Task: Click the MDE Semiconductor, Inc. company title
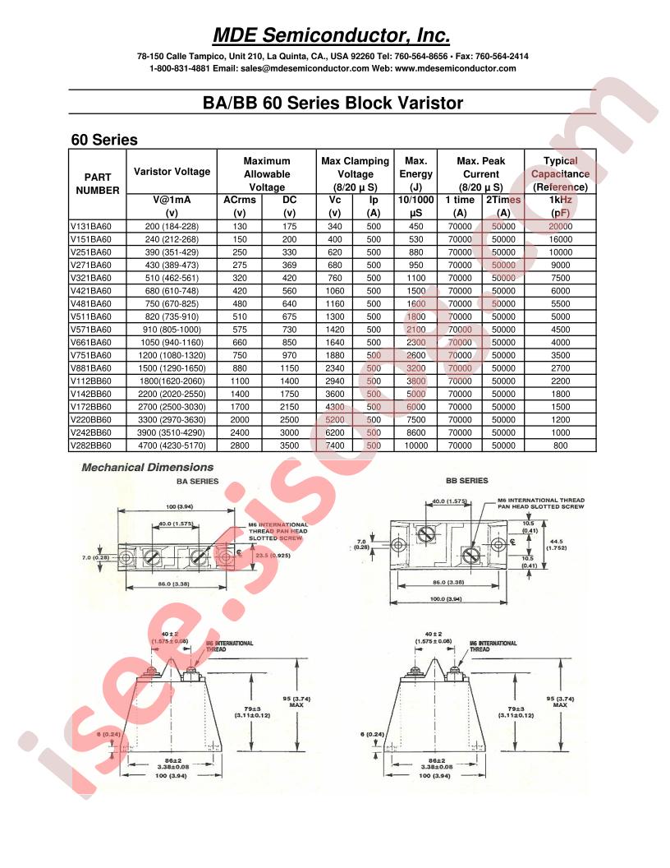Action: pyautogui.click(x=332, y=35)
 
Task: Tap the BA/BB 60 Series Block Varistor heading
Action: pyautogui.click(x=332, y=104)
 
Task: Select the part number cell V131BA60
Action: pyautogui.click(x=92, y=226)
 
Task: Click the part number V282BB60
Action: pyautogui.click(x=92, y=445)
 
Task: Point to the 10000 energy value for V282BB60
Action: pyautogui.click(x=415, y=445)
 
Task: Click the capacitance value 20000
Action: pyautogui.click(x=560, y=226)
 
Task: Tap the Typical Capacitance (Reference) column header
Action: pyautogui.click(x=560, y=173)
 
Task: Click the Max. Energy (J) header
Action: pyautogui.click(x=415, y=173)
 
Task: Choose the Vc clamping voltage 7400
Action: pyautogui.click(x=335, y=445)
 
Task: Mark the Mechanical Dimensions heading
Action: pyautogui.click(x=135, y=468)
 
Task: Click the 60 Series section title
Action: pyautogui.click(x=104, y=140)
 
